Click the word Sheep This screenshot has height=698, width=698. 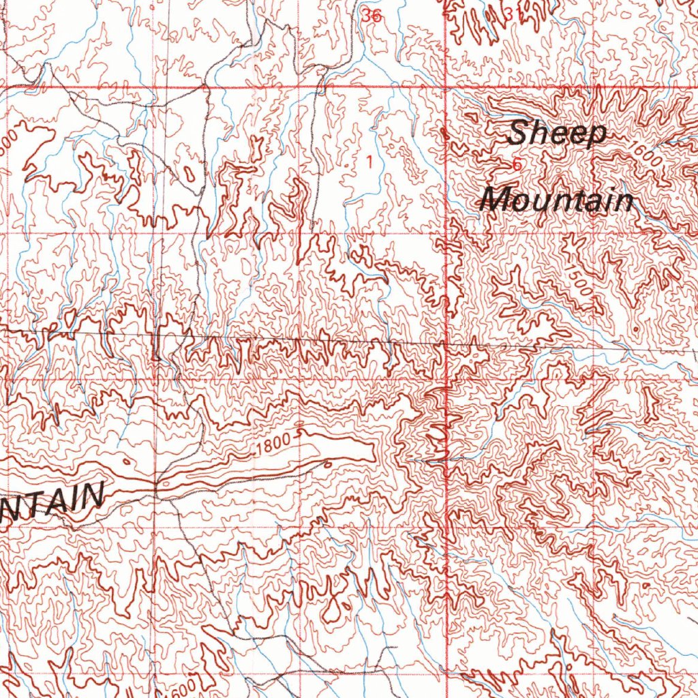(557, 133)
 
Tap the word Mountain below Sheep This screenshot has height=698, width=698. (556, 200)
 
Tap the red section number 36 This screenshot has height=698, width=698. (372, 17)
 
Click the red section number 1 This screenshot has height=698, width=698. (369, 162)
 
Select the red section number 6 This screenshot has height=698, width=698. (516, 164)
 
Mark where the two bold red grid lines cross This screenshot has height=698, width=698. (445, 89)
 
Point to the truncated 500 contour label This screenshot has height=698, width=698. (8, 142)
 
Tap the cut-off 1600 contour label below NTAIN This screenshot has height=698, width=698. (185, 687)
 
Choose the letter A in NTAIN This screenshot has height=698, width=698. (59, 501)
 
